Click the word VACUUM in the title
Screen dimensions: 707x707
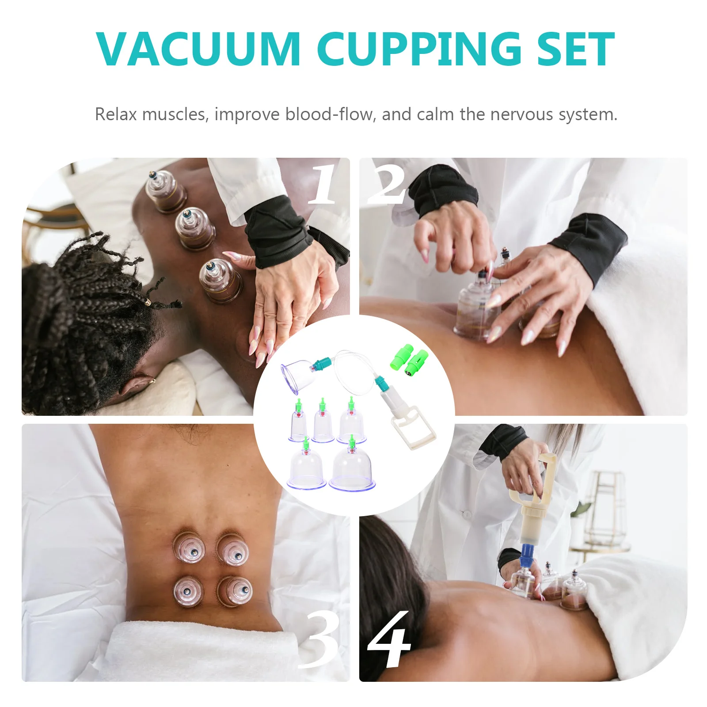coord(198,49)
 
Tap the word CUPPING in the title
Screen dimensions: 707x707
coord(419,49)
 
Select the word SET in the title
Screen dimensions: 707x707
coord(575,49)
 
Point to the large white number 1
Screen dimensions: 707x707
coord(323,184)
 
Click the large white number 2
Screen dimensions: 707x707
coord(387,184)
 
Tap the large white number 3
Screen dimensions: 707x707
coord(319,641)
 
